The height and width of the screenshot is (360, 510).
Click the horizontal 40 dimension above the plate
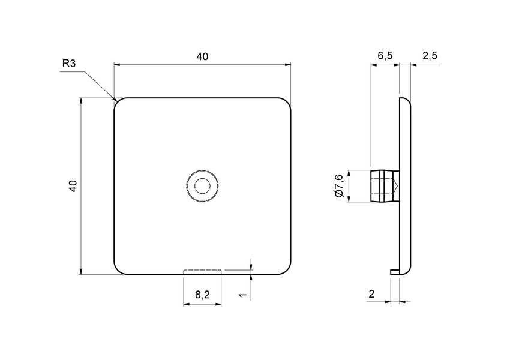pyautogui.click(x=202, y=56)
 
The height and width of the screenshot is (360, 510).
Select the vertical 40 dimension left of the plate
pyautogui.click(x=73, y=186)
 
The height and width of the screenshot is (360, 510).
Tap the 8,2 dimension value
pyautogui.click(x=202, y=295)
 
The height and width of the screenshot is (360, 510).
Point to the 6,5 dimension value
pyautogui.click(x=385, y=56)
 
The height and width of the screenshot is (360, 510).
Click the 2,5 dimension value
pyautogui.click(x=430, y=56)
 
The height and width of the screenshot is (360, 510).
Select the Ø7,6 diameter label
pyautogui.click(x=338, y=186)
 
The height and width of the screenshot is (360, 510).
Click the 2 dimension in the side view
pyautogui.click(x=371, y=294)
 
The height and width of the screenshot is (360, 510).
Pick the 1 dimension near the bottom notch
pyautogui.click(x=241, y=295)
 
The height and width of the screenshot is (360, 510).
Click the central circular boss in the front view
pyautogui.click(x=202, y=186)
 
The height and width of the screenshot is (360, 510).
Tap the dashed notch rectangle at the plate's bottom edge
pyautogui.click(x=202, y=272)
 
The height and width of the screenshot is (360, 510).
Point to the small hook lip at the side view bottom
pyautogui.click(x=394, y=272)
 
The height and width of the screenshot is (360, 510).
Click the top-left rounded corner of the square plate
pyautogui.click(x=118, y=101)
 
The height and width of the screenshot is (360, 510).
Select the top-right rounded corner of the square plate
pyautogui.click(x=287, y=101)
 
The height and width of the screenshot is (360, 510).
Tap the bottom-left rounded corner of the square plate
pyautogui.click(x=118, y=271)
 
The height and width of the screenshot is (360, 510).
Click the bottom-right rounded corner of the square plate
pyautogui.click(x=287, y=271)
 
